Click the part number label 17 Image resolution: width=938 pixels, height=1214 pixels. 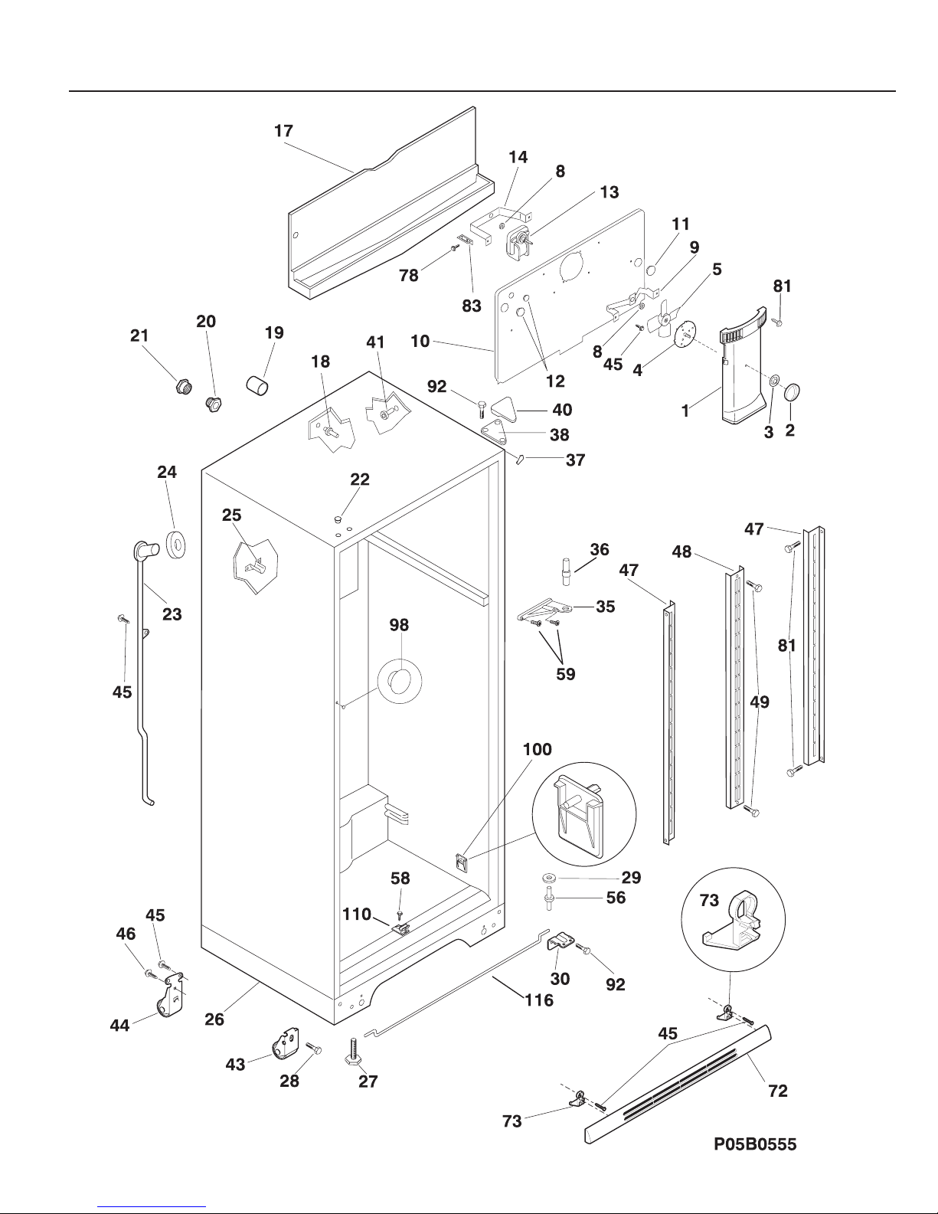coord(283,131)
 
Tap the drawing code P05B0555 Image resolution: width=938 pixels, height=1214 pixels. coord(755,1144)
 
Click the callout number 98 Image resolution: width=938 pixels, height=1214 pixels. coord(399,625)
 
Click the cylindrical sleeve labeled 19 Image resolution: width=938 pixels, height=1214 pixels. coord(258,384)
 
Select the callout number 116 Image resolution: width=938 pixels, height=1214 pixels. coord(538,1000)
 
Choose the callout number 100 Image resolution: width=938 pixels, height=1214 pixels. coord(537,749)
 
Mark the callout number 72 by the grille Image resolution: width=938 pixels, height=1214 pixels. coord(777,1091)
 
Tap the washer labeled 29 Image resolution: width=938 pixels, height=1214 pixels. coord(550,877)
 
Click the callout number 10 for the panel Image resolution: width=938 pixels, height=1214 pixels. coord(420,341)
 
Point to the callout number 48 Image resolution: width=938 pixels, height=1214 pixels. coord(681,551)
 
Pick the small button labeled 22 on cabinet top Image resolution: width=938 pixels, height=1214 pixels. coord(337,519)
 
